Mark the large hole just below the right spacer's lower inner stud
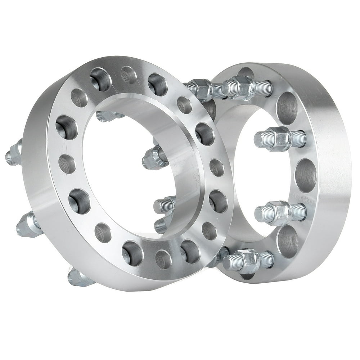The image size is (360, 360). [288, 238]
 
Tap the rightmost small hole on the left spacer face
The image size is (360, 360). [216, 167]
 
